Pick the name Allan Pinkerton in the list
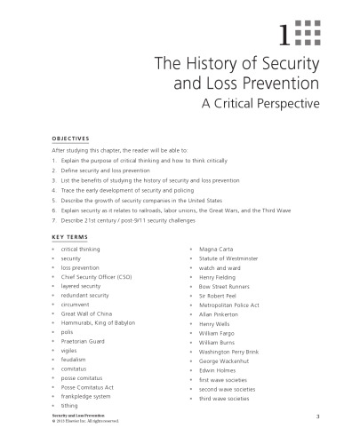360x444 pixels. tap(220, 313)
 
